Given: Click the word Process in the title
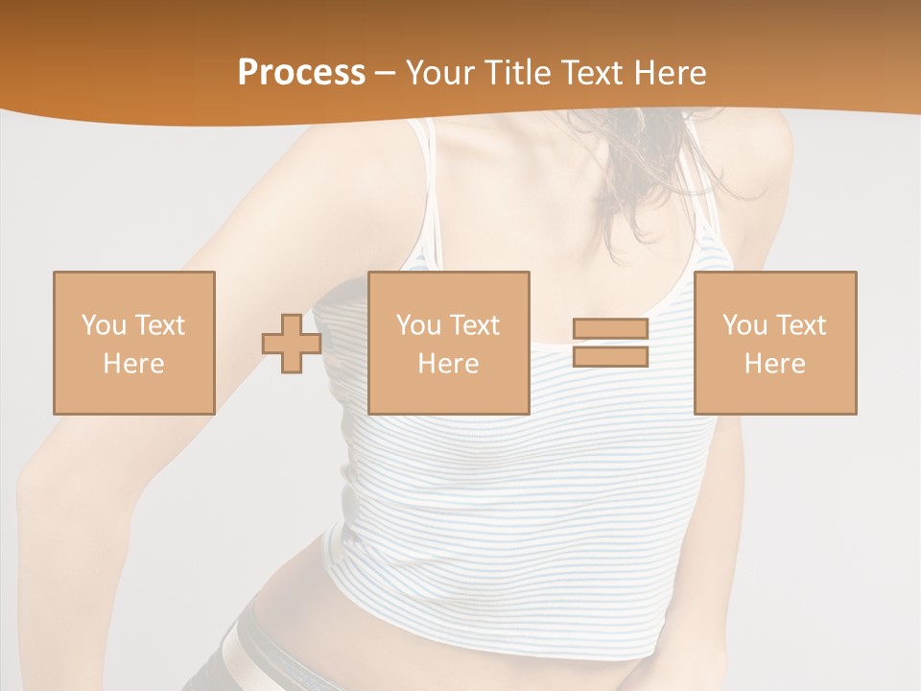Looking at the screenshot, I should [301, 73].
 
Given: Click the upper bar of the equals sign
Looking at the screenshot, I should [610, 329].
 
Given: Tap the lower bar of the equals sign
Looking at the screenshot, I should [610, 356].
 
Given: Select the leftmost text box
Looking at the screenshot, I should [133, 343].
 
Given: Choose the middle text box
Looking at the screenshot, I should [448, 343].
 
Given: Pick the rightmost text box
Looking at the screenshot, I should [774, 343].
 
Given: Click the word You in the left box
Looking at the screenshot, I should [103, 325].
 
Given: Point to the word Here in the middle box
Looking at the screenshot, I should [448, 364].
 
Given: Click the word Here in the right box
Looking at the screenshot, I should [774, 364].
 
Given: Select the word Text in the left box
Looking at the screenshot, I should [160, 325].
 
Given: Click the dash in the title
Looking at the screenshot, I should [385, 73].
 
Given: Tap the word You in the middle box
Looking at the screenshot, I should [417, 325].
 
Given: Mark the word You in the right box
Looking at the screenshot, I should [744, 325].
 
